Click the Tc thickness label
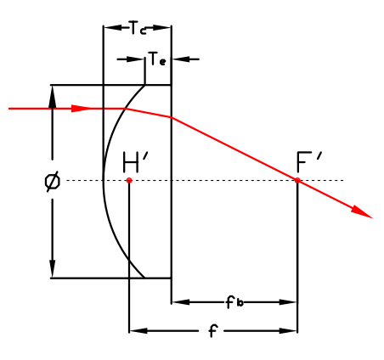pos(138,28)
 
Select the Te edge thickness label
pos(156,59)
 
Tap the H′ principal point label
pos(135,162)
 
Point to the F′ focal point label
pos(308,162)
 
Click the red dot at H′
pos(129,180)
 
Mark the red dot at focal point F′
pos(297,180)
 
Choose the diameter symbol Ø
pos(53,181)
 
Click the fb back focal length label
pos(234,301)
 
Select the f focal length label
pos(213,330)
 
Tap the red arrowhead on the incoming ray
pos(81,109)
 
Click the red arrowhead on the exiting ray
pos(362,212)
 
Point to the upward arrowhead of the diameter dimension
pos(53,94)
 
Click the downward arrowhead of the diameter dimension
pos(53,268)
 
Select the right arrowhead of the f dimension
pos(288,330)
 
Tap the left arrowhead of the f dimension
pos(138,330)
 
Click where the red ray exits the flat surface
pos(171,117)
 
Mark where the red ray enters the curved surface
pos(125,109)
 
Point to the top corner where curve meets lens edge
pos(145,85)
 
